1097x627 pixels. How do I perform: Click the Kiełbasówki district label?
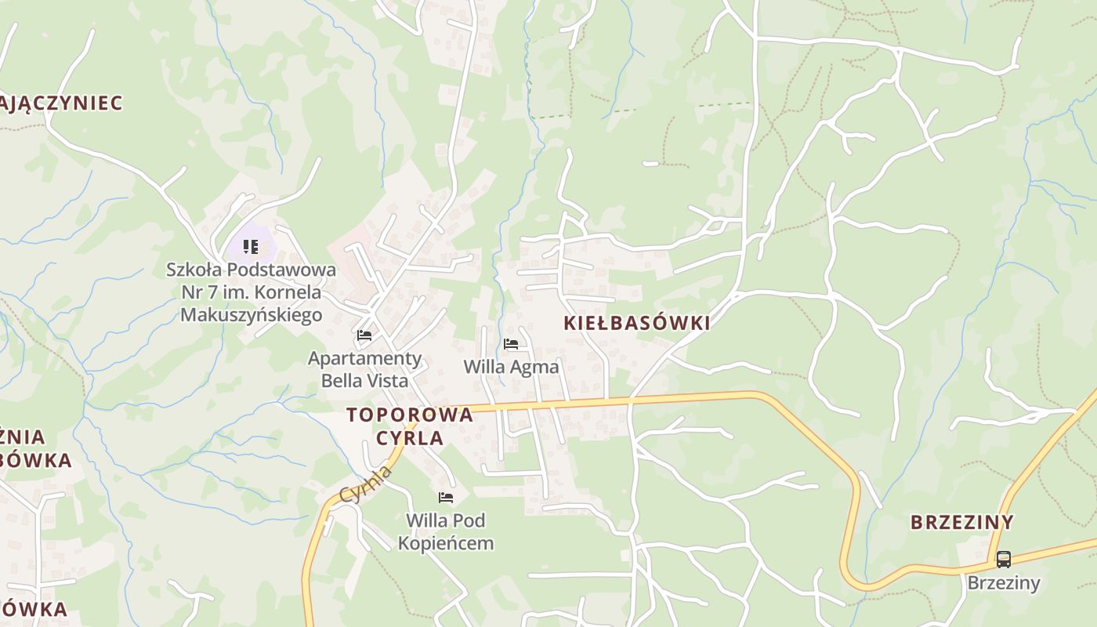[x=636, y=323]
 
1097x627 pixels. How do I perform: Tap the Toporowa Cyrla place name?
[x=410, y=426]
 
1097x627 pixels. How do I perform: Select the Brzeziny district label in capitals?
[x=961, y=522]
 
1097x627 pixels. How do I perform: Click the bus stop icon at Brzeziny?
[x=1003, y=560]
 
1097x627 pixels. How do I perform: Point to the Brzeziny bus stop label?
[x=1003, y=583]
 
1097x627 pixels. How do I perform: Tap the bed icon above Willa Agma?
[x=511, y=344]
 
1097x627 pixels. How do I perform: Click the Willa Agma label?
[x=511, y=367]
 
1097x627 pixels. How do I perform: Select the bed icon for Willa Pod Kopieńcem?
[x=446, y=498]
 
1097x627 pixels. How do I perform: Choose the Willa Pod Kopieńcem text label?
[x=446, y=531]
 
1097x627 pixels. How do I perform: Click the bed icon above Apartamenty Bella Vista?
[x=364, y=335]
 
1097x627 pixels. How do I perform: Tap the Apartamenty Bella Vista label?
[x=364, y=369]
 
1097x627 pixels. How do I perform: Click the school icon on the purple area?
[x=251, y=248]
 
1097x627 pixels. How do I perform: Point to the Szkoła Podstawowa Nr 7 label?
[x=251, y=292]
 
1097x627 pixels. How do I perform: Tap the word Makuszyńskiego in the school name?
[x=251, y=315]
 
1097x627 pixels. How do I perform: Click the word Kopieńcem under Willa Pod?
[x=446, y=543]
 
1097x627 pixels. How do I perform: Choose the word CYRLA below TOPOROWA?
[x=410, y=437]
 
